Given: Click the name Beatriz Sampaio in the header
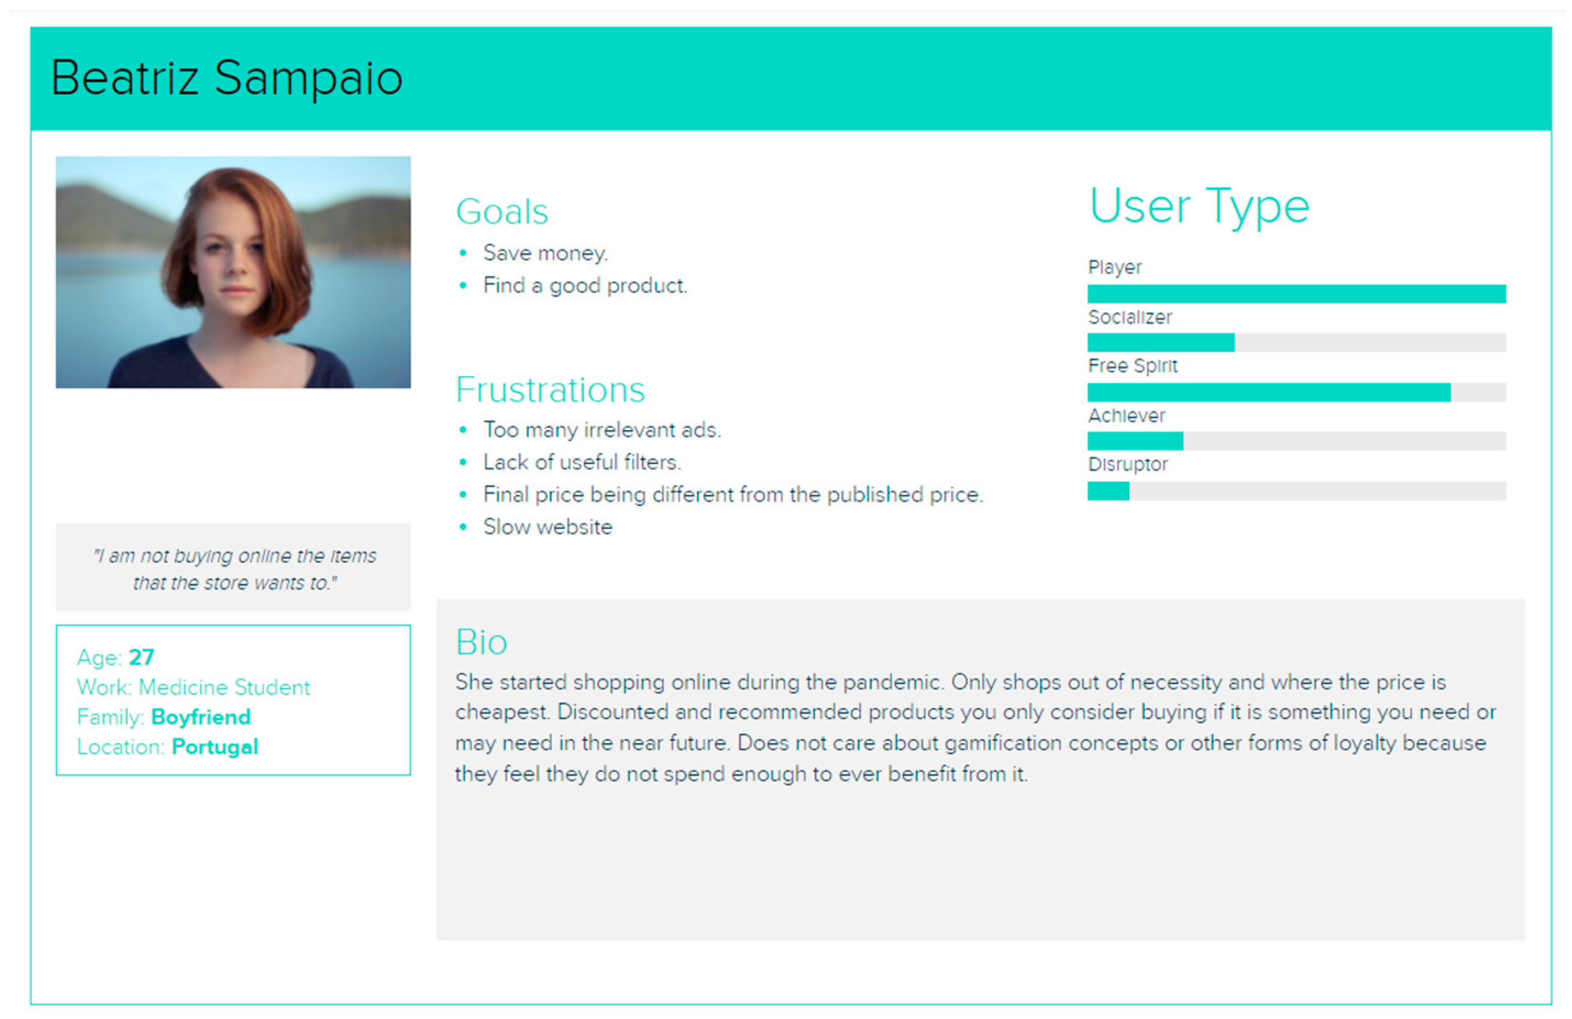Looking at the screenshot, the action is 227,79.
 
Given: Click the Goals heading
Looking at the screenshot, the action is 502,213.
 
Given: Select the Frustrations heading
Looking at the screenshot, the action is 550,389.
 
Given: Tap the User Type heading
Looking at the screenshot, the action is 1199,207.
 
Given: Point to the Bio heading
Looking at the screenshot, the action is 482,642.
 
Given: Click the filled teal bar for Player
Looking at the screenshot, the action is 1297,294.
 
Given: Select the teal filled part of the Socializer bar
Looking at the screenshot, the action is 1161,343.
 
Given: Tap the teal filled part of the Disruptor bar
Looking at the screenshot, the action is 1108,491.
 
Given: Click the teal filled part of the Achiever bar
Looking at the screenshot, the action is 1135,441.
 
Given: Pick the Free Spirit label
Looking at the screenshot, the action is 1133,366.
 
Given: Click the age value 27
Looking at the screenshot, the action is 141,658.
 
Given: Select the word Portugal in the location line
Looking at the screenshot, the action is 214,747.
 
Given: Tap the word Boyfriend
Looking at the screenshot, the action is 201,717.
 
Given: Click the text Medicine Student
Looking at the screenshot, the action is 224,688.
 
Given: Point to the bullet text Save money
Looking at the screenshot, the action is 545,253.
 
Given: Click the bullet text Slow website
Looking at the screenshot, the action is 548,527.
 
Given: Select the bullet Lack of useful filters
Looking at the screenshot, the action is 582,463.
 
